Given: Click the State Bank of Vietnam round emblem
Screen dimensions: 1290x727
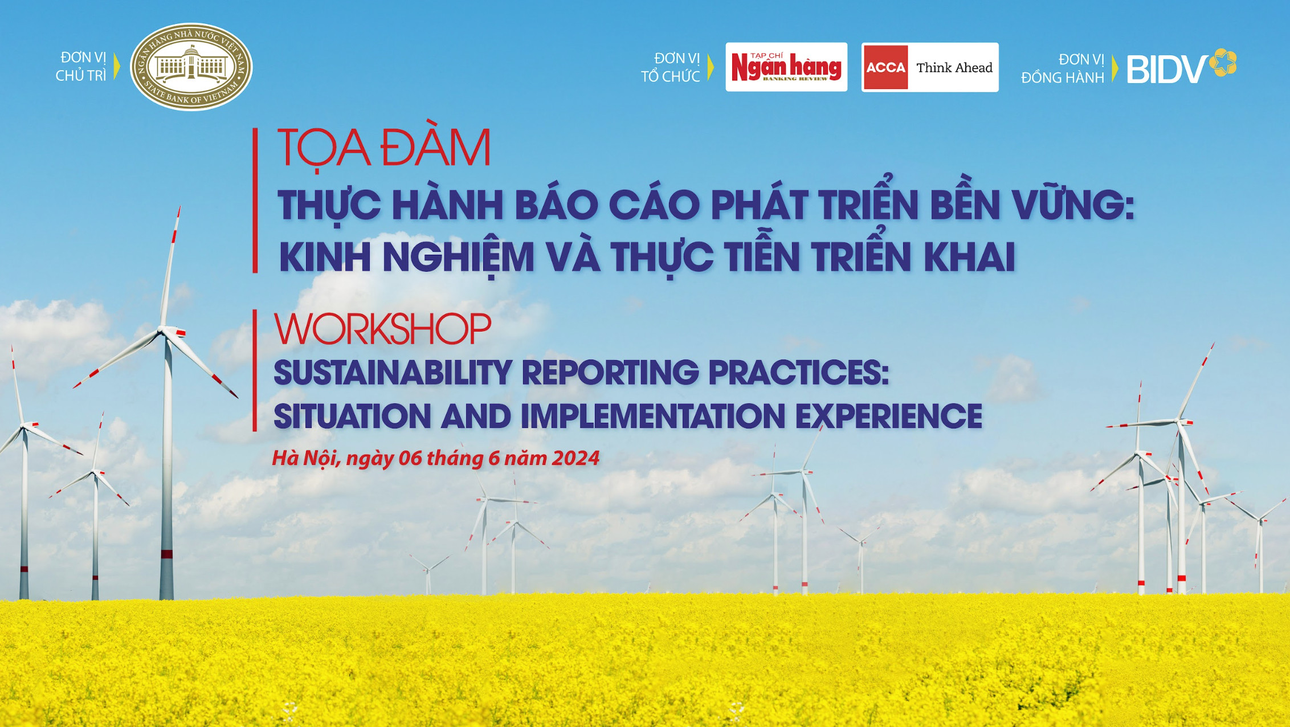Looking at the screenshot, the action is pos(191,67).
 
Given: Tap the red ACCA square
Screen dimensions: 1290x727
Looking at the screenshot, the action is pos(885,67).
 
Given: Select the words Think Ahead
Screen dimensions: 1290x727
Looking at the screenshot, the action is pos(954,68).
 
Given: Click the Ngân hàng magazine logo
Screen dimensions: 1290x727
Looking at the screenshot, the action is pos(786,67).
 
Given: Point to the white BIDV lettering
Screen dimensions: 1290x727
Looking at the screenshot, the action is pos(1167,70).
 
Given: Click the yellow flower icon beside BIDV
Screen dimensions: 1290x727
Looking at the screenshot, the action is pos(1223,62).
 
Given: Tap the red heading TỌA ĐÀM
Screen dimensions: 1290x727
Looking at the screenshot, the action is pos(384,149).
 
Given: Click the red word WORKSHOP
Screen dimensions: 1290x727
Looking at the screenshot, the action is pos(382,329).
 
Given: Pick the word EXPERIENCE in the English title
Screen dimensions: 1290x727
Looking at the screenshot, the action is pos(889,416).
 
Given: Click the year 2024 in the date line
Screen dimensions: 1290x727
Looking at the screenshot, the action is pos(575,458).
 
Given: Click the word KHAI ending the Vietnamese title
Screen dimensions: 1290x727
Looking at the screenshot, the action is pos(970,257).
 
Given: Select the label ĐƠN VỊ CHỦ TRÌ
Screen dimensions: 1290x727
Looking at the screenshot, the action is pos(81,67).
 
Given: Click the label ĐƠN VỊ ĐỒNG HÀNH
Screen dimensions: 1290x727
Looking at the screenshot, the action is pos(1063,68).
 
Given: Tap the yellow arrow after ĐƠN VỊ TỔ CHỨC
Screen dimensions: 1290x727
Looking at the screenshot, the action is pos(711,67).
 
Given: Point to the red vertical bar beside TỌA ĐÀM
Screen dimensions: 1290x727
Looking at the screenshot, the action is pos(255,200).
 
